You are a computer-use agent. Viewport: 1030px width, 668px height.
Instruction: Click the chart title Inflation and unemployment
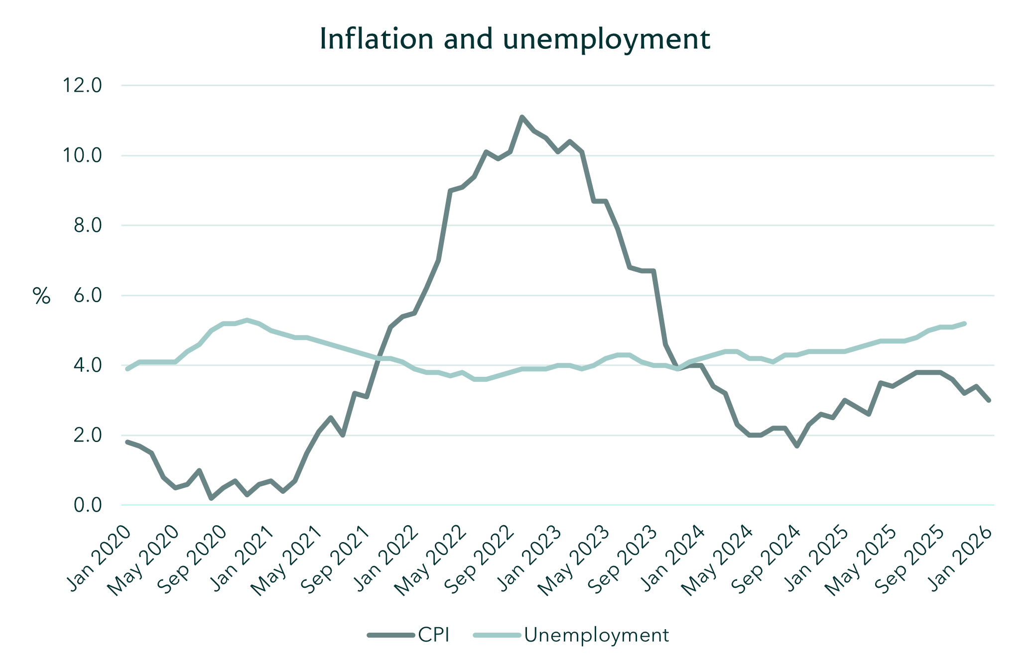(515, 39)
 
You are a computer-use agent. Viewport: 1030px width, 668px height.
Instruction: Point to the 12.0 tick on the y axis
(81, 86)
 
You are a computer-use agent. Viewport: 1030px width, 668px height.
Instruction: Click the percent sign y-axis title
(42, 296)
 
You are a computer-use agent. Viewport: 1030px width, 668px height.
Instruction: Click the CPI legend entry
(408, 635)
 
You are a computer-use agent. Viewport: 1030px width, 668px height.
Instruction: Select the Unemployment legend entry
(571, 635)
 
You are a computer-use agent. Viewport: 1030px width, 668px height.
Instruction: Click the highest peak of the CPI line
(522, 117)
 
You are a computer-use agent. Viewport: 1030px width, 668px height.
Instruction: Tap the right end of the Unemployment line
(965, 324)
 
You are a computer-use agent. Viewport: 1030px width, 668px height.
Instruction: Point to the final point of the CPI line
(989, 400)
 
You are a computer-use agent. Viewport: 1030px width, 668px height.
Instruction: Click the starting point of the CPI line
(128, 442)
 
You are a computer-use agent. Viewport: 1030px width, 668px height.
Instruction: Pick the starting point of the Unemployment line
(128, 369)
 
